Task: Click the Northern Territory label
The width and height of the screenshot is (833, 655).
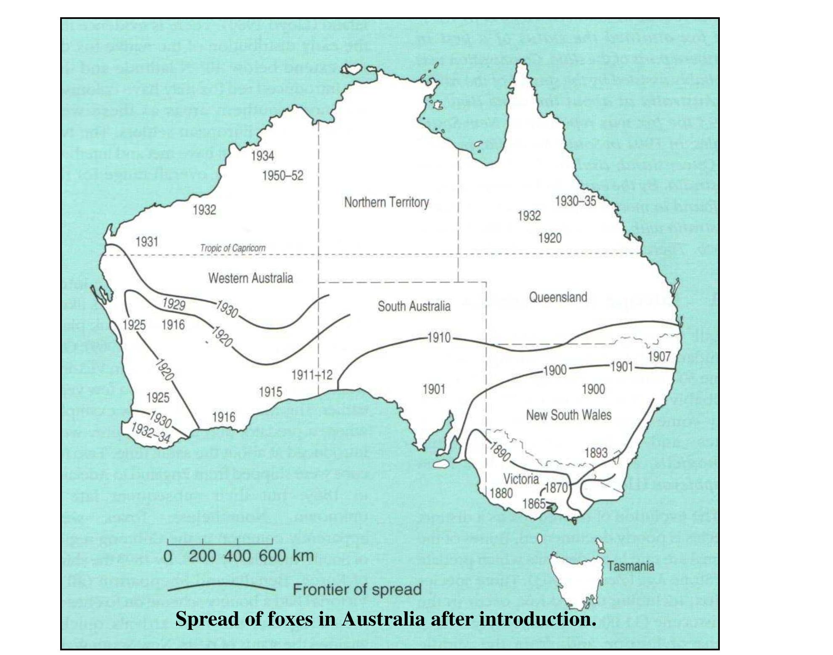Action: [x=386, y=202]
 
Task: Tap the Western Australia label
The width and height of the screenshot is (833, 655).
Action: [x=250, y=278]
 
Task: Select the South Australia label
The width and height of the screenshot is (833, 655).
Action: [x=414, y=306]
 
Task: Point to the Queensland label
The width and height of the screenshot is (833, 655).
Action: [x=557, y=297]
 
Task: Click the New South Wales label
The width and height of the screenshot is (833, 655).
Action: [x=568, y=415]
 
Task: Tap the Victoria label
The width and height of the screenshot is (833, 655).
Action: [x=521, y=479]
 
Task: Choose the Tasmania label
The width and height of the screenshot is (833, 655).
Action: [x=630, y=566]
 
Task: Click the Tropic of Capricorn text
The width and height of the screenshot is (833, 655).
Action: [x=233, y=248]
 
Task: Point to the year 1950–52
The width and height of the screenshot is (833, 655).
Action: [x=282, y=175]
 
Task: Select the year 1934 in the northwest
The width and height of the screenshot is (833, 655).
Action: [x=263, y=156]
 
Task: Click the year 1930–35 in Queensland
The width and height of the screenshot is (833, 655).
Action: [x=576, y=202]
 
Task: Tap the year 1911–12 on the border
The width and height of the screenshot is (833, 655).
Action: [x=312, y=375]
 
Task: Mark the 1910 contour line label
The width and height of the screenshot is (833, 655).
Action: [x=439, y=338]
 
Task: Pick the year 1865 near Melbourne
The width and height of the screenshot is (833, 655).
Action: [x=533, y=504]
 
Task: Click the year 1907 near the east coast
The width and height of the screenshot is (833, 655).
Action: [x=659, y=357]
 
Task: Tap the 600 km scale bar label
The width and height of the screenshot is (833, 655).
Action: [x=272, y=556]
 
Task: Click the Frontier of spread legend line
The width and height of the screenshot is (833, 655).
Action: [x=221, y=588]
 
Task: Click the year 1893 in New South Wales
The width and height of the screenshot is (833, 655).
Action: [x=596, y=453]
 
